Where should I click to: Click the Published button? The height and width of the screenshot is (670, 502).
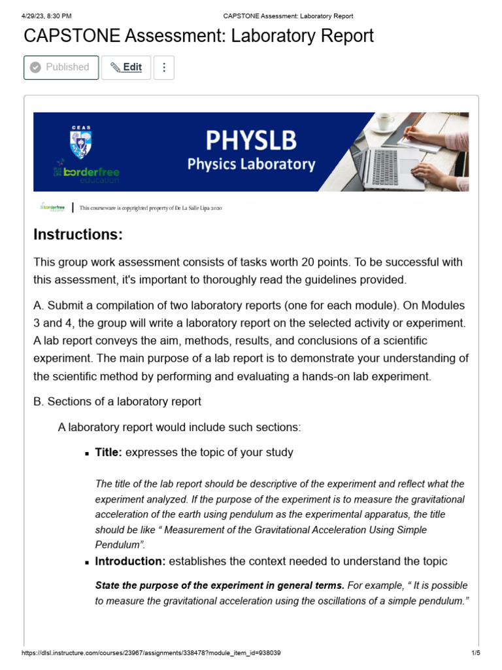click(x=61, y=67)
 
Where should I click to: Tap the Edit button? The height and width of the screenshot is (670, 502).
click(x=126, y=67)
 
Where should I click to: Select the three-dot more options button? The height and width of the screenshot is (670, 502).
click(x=164, y=67)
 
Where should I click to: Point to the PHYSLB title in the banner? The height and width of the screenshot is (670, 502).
click(x=251, y=139)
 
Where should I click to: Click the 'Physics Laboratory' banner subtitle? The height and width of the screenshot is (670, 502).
click(x=251, y=164)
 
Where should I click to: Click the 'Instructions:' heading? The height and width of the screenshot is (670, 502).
click(x=78, y=234)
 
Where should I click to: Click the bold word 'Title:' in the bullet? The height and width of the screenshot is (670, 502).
click(x=109, y=452)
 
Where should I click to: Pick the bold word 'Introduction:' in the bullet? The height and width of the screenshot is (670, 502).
click(x=130, y=561)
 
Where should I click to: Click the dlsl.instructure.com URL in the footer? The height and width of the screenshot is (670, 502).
click(x=151, y=654)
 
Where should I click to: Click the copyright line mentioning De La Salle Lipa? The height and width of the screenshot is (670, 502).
click(x=151, y=208)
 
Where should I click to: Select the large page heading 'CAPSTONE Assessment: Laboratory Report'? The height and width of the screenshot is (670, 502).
click(x=199, y=36)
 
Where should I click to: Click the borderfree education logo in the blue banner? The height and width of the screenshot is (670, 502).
click(x=86, y=173)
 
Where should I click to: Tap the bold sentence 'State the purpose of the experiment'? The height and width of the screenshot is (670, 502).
click(x=220, y=585)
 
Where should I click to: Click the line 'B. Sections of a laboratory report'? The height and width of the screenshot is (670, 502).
click(x=118, y=402)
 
